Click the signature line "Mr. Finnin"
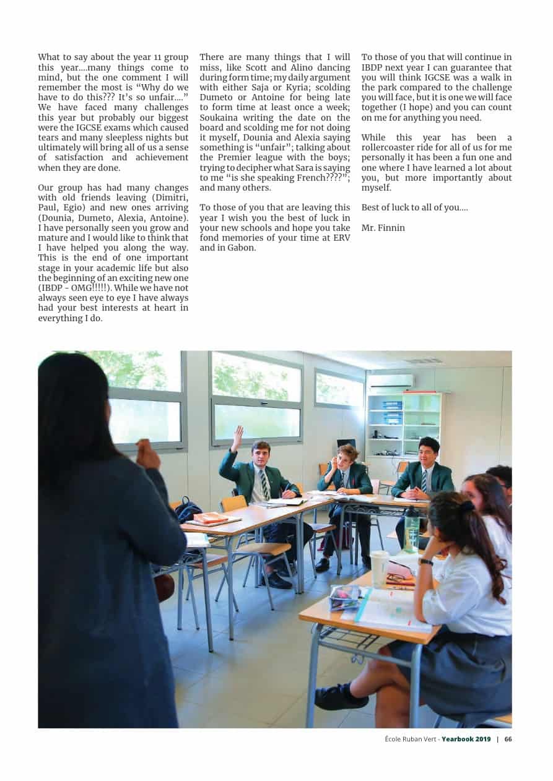(x=383, y=228)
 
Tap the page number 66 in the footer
(x=508, y=739)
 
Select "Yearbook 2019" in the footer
(x=466, y=739)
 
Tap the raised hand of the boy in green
(x=237, y=437)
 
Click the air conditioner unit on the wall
(x=390, y=382)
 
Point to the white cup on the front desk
(x=379, y=568)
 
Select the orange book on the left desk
(x=211, y=519)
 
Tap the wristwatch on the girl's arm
(x=425, y=562)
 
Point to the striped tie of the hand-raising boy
(x=264, y=485)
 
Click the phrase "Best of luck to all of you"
(x=414, y=207)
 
